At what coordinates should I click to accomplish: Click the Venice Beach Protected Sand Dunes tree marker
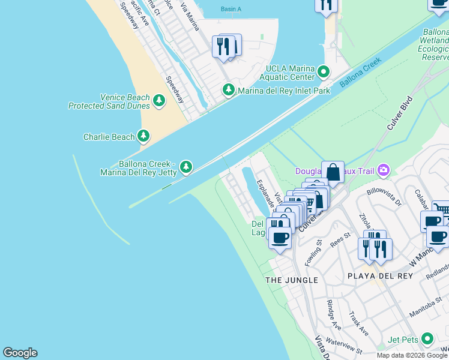click(x=159, y=100)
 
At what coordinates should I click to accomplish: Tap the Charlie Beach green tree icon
click(x=143, y=137)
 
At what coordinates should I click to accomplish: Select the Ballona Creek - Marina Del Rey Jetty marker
click(x=186, y=166)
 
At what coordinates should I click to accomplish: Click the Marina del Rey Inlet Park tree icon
click(x=228, y=91)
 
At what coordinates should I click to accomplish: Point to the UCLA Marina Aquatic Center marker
click(x=324, y=73)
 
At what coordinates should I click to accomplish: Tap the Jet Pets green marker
click(x=427, y=339)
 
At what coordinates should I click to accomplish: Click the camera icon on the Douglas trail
click(x=383, y=171)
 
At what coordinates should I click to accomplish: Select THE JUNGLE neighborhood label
click(x=292, y=280)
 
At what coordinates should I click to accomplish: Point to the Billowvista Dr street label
click(x=384, y=196)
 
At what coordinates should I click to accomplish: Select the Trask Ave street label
click(x=360, y=323)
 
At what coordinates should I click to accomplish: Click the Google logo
click(x=20, y=353)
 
